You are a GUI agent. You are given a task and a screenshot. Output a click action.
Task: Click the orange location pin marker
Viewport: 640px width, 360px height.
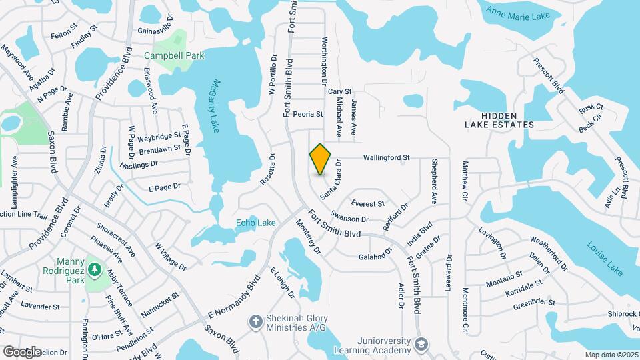321,159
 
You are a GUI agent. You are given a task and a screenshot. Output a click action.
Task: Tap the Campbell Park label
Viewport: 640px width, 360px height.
175,56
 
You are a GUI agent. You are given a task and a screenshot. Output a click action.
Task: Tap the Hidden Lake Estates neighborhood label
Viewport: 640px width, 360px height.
500,120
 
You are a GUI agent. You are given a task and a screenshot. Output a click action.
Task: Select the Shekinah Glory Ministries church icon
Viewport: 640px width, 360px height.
255,322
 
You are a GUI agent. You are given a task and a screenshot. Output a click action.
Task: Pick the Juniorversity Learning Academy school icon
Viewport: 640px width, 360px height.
421,344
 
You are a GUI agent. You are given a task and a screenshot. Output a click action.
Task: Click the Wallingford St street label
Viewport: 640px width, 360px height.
385,158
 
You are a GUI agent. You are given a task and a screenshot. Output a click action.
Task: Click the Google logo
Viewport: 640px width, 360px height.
21,351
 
